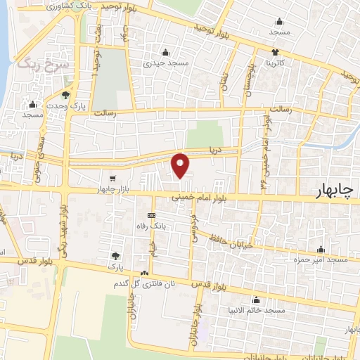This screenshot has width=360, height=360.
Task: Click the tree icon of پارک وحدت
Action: tap(67, 95)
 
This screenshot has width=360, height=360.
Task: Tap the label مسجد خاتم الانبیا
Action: tap(262, 310)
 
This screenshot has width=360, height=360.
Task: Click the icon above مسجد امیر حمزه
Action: tap(321, 249)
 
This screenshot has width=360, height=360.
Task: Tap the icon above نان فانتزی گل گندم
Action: tap(144, 273)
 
